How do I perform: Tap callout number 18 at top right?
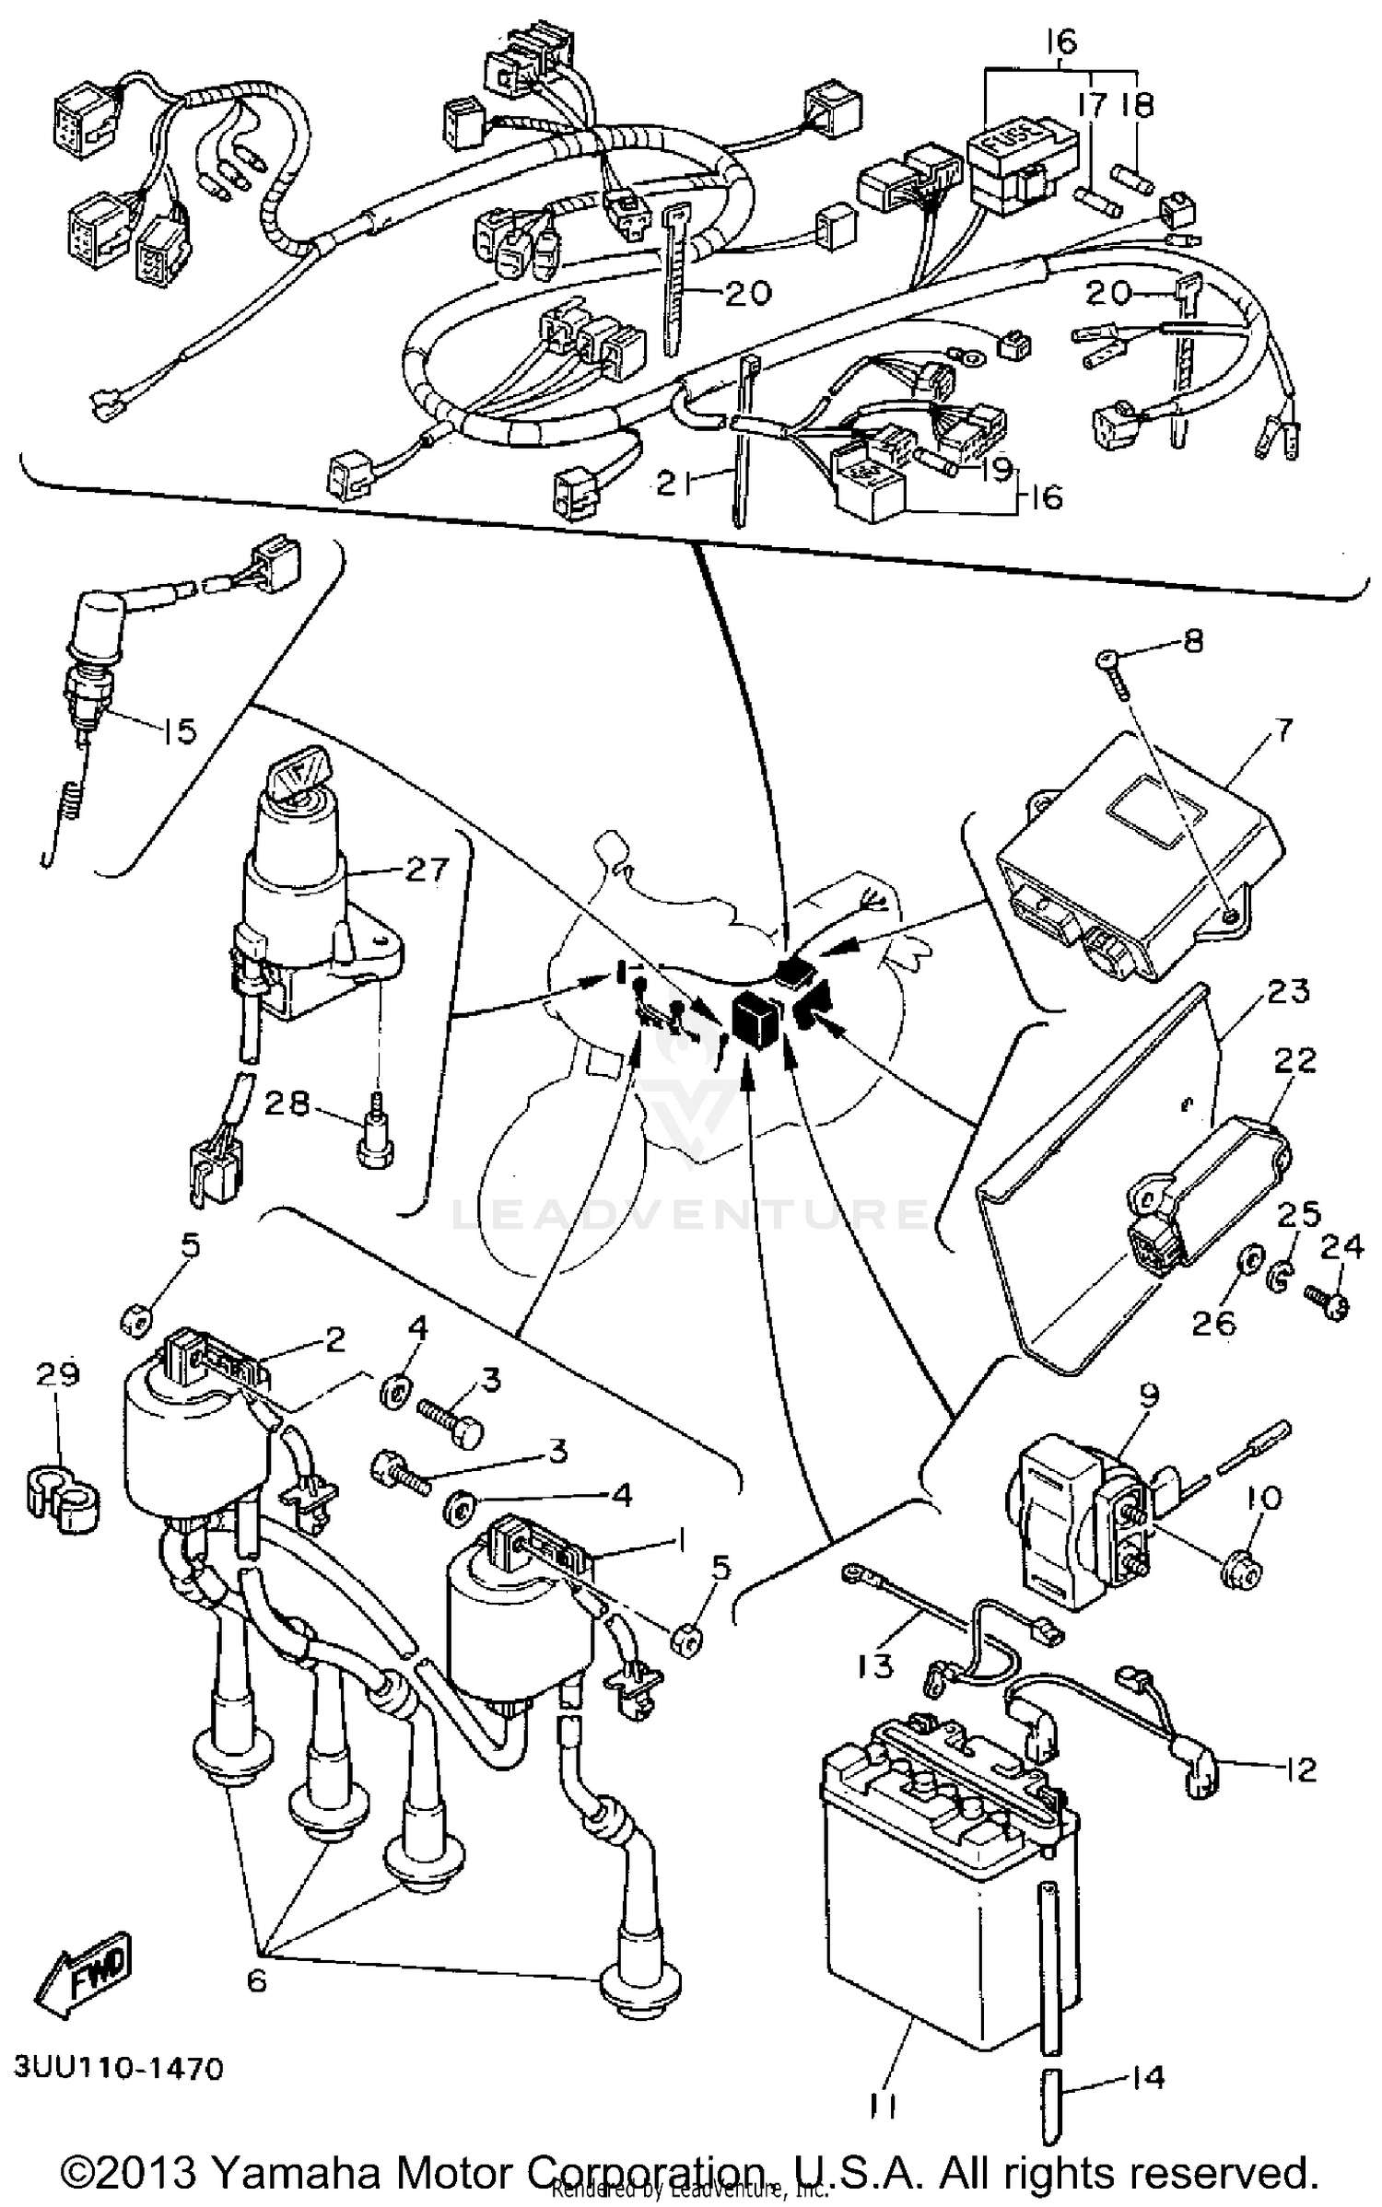point(1138,104)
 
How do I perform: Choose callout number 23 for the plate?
point(1288,992)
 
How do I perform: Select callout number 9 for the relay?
point(1149,1395)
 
